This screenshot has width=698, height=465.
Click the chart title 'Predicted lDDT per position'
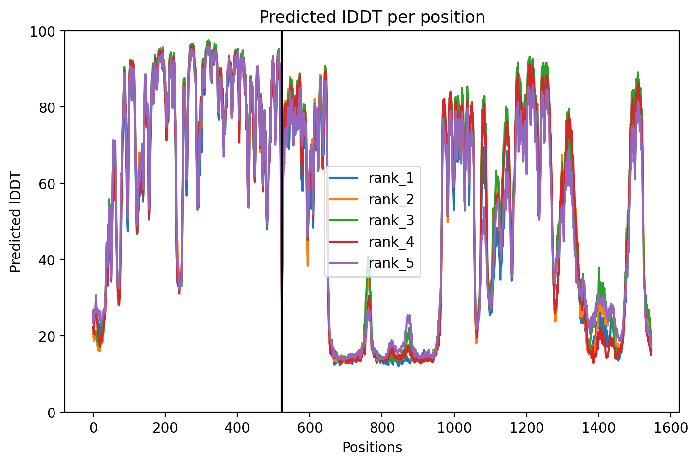[x=372, y=17]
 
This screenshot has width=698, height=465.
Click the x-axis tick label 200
[x=165, y=428]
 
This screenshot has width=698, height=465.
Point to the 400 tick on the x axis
[x=237, y=428]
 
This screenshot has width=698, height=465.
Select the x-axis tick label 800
[x=382, y=428]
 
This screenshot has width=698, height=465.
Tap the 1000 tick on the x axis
[x=454, y=428]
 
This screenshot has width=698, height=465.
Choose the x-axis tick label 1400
[x=598, y=428]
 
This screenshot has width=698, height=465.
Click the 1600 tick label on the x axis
[x=671, y=428]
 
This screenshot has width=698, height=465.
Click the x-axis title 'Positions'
[x=372, y=448]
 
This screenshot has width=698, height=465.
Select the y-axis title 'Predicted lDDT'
[x=15, y=221]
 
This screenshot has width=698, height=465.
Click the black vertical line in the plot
[x=282, y=221]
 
